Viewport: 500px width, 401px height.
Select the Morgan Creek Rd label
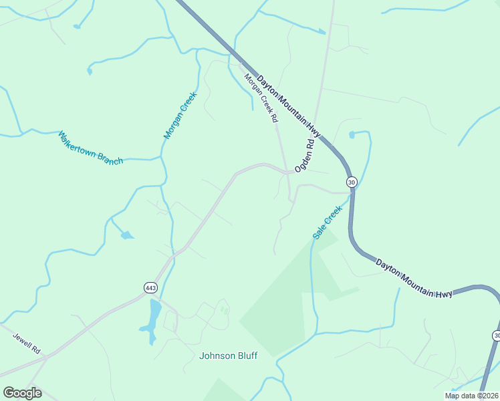tap(260, 98)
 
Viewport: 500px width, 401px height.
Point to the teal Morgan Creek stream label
tap(178, 115)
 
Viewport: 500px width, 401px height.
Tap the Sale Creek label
tap(328, 223)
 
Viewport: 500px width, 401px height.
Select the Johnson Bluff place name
tap(228, 356)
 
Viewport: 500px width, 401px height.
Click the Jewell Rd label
tap(27, 340)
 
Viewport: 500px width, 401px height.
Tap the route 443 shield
tap(150, 287)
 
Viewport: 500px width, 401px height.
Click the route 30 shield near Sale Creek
tap(352, 182)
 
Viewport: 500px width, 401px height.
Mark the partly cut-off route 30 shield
tap(497, 335)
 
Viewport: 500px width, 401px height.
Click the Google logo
tap(23, 393)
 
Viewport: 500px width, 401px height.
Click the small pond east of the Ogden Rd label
tap(352, 135)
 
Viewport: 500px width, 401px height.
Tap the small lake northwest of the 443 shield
tap(126, 235)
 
